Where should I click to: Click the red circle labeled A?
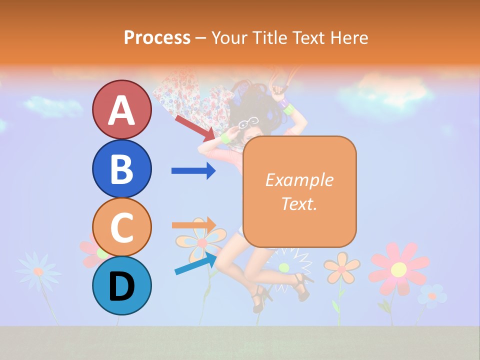click(x=121, y=109)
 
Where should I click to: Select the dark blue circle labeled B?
click(x=121, y=168)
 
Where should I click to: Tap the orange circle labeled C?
click(x=121, y=227)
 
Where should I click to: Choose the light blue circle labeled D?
click(x=121, y=285)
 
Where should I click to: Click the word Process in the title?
click(x=157, y=37)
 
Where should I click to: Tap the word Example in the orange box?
click(x=299, y=180)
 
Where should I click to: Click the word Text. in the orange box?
click(x=299, y=203)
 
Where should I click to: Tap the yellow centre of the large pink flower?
click(x=398, y=269)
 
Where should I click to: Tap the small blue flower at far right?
click(x=431, y=295)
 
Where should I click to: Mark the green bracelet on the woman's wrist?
click(x=225, y=137)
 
